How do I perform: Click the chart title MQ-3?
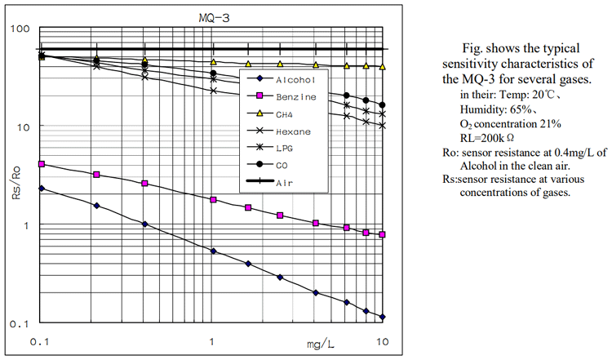click(x=214, y=16)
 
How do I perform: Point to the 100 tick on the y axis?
click(x=19, y=30)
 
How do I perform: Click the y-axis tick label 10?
click(x=22, y=127)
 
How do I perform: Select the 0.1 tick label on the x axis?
click(x=42, y=340)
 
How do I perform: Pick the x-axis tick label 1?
click(x=212, y=340)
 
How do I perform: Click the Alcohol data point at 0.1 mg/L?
click(x=42, y=188)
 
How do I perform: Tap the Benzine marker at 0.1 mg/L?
click(x=42, y=164)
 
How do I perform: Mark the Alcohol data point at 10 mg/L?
click(x=383, y=317)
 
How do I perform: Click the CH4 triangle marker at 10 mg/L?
click(x=383, y=67)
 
